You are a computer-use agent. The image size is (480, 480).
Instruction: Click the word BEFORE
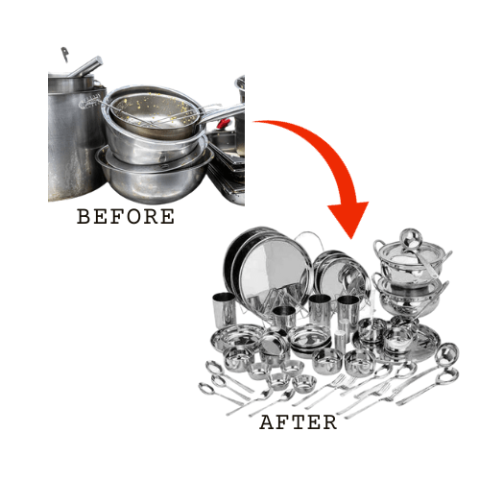126,217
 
